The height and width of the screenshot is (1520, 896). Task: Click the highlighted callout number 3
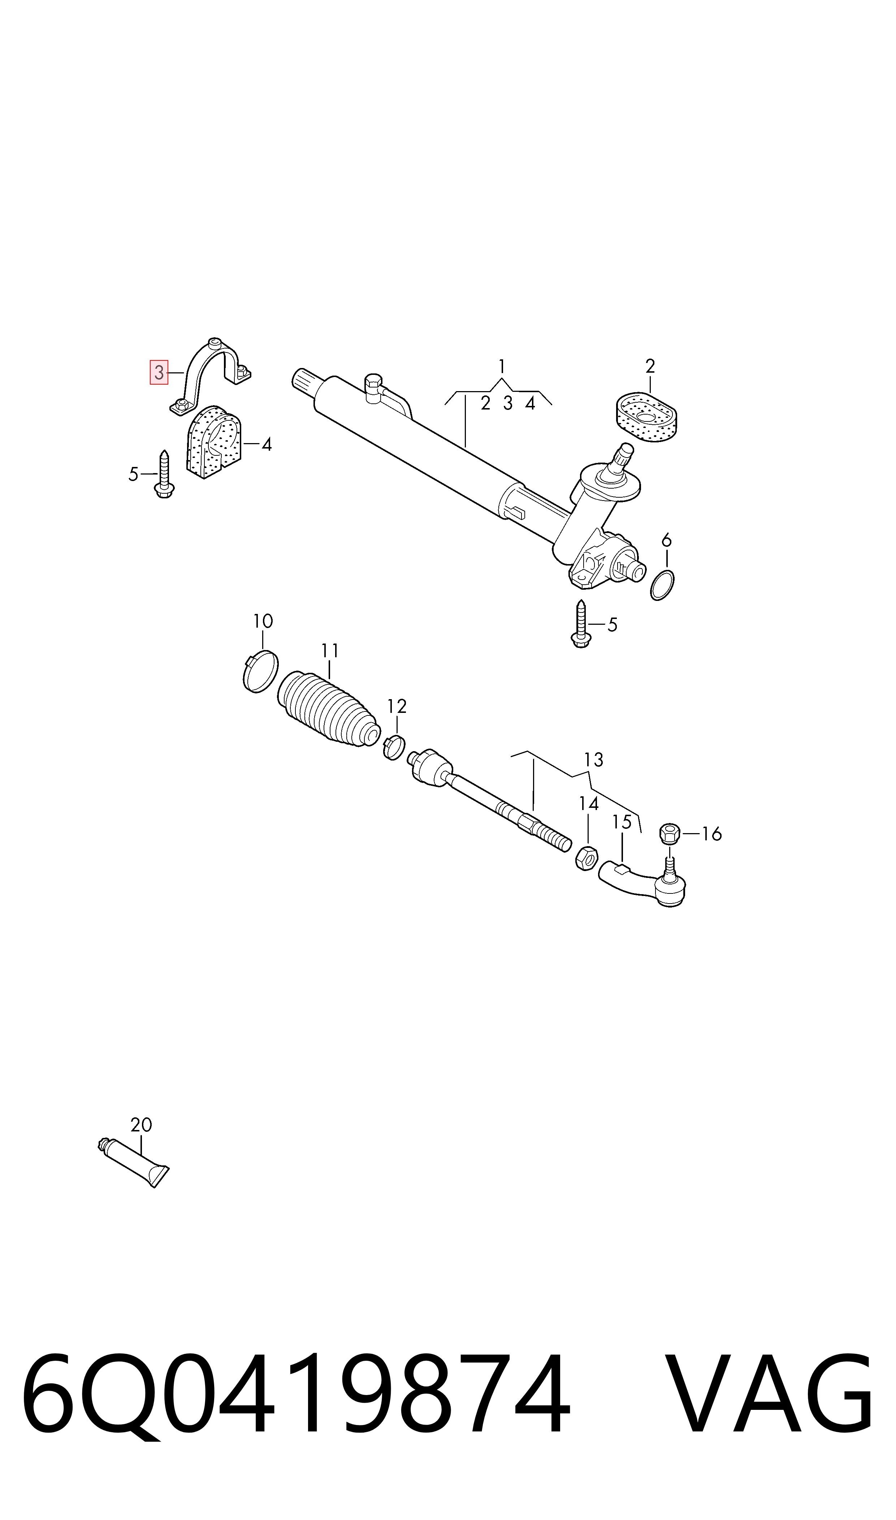coord(159,372)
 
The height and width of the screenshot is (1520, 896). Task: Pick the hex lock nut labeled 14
coord(586,858)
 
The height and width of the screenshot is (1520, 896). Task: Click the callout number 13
coord(593,760)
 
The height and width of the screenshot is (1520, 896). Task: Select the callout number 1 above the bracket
coord(502,367)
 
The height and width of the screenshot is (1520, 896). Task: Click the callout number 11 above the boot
coord(330,651)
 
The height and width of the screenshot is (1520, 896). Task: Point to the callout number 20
coord(141,1125)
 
